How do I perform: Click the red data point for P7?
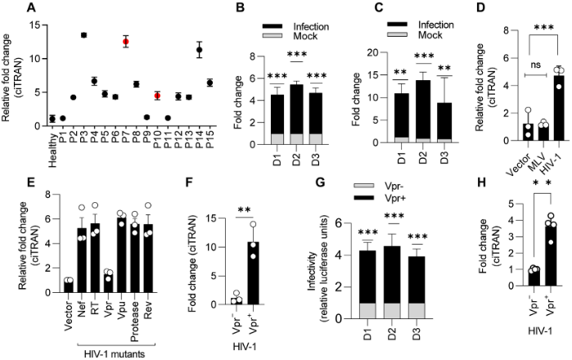pos(125,42)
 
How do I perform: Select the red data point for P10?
pos(157,96)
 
